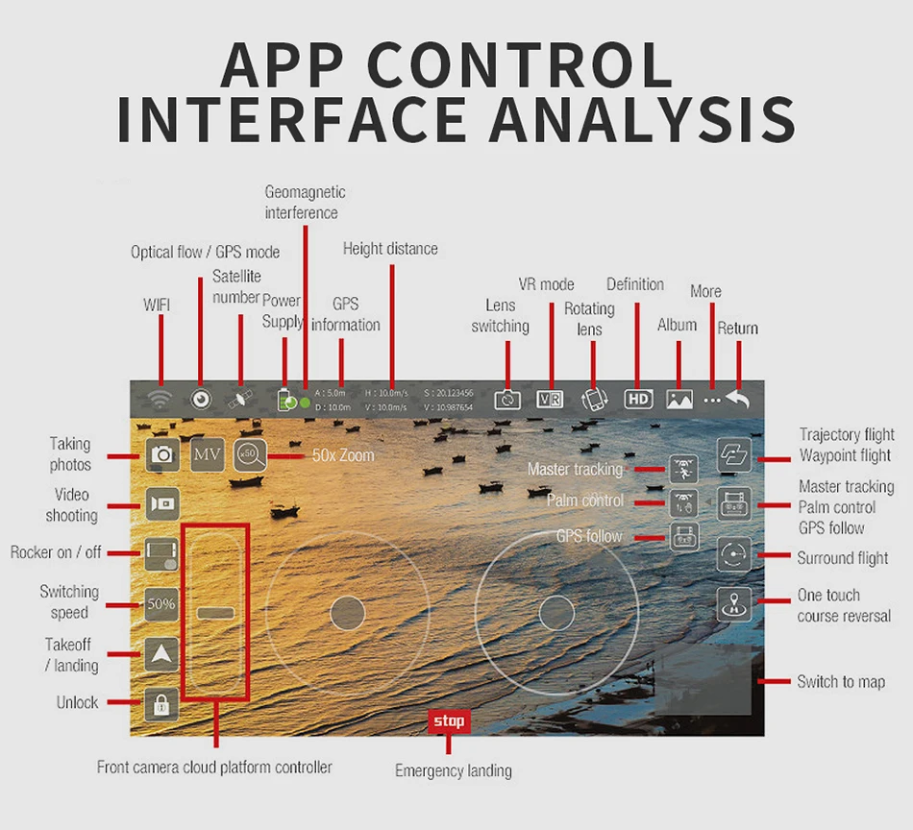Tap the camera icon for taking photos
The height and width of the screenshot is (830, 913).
pyautogui.click(x=162, y=453)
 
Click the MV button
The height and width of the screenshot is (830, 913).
pyautogui.click(x=207, y=453)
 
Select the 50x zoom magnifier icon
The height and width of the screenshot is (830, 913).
pyautogui.click(x=249, y=453)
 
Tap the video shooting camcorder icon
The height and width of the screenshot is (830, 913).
pyautogui.click(x=162, y=503)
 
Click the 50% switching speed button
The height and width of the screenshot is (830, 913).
pyautogui.click(x=161, y=604)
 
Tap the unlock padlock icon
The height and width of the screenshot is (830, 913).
pyautogui.click(x=161, y=704)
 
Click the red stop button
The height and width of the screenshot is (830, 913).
pyautogui.click(x=449, y=721)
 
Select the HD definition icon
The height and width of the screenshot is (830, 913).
pyautogui.click(x=638, y=399)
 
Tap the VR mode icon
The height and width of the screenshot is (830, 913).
pyautogui.click(x=550, y=400)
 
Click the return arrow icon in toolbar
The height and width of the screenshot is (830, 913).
pyautogui.click(x=737, y=399)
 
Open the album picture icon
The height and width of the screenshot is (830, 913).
pyautogui.click(x=679, y=400)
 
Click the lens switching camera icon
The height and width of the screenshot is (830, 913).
pyautogui.click(x=507, y=400)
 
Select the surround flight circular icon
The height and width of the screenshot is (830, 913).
pyautogui.click(x=733, y=555)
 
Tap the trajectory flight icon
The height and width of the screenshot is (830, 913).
pyautogui.click(x=734, y=455)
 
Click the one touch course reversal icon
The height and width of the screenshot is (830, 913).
pyautogui.click(x=734, y=604)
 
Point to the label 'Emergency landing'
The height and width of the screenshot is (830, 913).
pyautogui.click(x=454, y=770)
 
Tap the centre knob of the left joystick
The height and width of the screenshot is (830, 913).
pyautogui.click(x=347, y=612)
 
